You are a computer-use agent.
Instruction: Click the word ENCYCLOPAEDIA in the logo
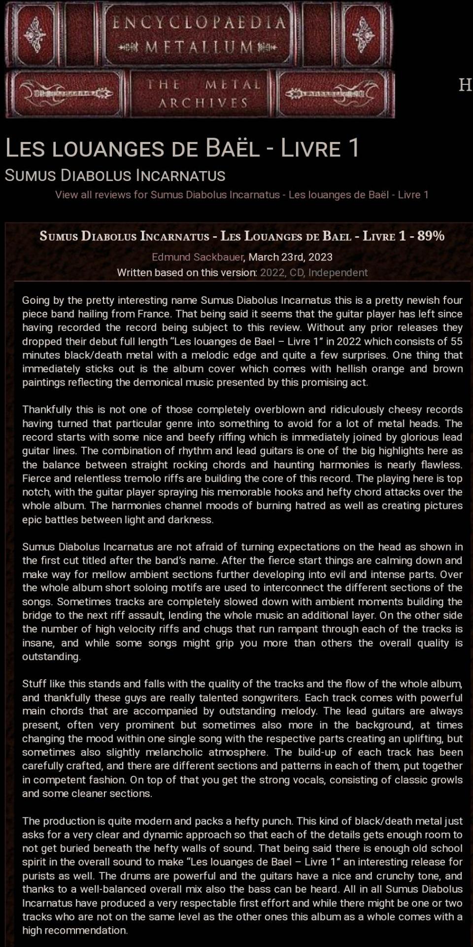point(199,23)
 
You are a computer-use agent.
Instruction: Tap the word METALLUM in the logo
point(200,47)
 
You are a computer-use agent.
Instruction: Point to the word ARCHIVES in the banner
point(203,103)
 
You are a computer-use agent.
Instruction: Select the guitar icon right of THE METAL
point(333,93)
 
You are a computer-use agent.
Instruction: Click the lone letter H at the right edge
point(465,85)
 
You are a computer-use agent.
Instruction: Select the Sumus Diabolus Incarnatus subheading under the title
point(115,176)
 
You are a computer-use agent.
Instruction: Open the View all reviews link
point(241,194)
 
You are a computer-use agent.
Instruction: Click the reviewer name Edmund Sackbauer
point(198,257)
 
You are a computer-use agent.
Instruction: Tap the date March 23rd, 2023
point(290,257)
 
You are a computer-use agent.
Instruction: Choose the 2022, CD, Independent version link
point(314,272)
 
